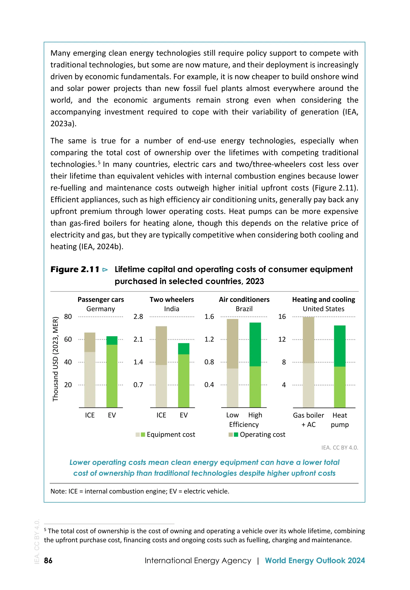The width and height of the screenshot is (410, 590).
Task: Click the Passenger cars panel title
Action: (x=101, y=299)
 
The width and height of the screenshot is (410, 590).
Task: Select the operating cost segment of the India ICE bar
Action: (x=161, y=345)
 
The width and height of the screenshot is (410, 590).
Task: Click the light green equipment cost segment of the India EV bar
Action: (x=184, y=381)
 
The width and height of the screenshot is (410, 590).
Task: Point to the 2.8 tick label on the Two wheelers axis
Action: (x=138, y=317)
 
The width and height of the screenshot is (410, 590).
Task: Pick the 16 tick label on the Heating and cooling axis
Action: (x=282, y=317)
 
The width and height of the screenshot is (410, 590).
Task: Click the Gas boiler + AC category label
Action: (x=309, y=420)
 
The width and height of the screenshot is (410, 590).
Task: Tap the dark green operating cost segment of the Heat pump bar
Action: (x=340, y=346)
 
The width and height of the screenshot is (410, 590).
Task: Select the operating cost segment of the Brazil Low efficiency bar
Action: (x=232, y=344)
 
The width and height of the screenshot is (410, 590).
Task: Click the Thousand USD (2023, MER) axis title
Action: (x=55, y=359)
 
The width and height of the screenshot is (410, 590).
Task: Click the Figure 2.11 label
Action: (x=75, y=269)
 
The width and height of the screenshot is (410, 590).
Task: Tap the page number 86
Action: (x=48, y=560)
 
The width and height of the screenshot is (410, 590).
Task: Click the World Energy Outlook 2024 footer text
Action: (x=315, y=560)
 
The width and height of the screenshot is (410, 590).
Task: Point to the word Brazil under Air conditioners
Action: (x=244, y=309)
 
